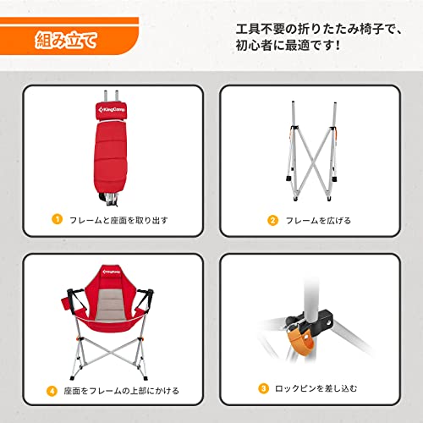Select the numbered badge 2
273,220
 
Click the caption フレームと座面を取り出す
114,220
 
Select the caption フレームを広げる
317,220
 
